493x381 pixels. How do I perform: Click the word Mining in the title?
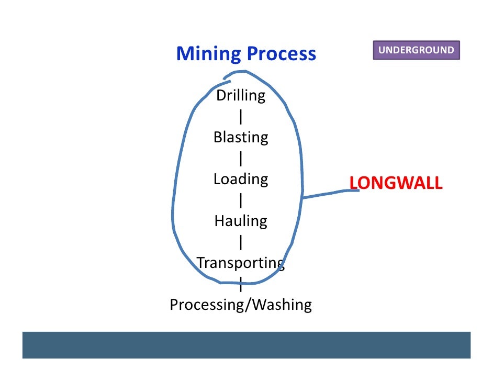coord(208,53)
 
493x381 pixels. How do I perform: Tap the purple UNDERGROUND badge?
coord(416,50)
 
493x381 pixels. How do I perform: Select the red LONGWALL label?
coord(396,183)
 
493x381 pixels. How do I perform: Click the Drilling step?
coord(241,96)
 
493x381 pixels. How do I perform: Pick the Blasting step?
coord(241,138)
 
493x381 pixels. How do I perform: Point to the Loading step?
coord(241,180)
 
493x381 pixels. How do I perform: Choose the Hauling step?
coord(241,221)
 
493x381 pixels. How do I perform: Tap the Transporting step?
coord(240,263)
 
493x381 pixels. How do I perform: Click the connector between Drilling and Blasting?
coord(240,117)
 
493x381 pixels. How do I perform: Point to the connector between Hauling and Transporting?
coord(240,242)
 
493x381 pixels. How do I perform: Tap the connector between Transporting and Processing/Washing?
coord(240,285)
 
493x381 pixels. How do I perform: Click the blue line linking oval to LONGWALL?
coord(330,194)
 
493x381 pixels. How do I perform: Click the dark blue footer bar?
coord(246,345)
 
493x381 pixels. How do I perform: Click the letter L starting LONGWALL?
coord(353,183)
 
